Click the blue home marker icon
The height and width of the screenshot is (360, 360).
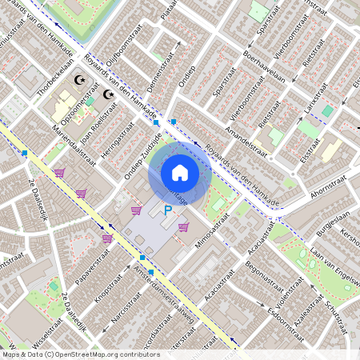tap(180, 173)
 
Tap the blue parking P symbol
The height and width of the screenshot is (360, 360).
tap(168, 211)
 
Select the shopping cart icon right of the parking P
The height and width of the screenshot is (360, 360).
tap(184, 226)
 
